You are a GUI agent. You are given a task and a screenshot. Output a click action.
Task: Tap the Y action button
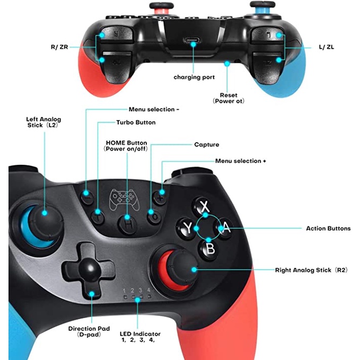point(187,228)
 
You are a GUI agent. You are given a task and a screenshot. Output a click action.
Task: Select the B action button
point(210,248)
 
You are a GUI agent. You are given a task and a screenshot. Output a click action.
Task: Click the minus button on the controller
point(87,195)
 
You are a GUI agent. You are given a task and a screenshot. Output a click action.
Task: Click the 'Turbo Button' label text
point(136,122)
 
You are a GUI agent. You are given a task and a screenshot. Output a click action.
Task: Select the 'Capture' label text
point(206,144)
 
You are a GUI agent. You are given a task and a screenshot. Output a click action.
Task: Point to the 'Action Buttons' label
point(328,229)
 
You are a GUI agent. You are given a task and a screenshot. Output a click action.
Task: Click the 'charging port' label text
point(194,77)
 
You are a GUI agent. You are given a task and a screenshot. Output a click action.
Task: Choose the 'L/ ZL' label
point(327,47)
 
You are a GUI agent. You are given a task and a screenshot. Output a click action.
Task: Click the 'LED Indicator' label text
point(139,334)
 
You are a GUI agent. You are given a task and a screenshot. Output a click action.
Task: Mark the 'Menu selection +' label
point(240,161)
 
